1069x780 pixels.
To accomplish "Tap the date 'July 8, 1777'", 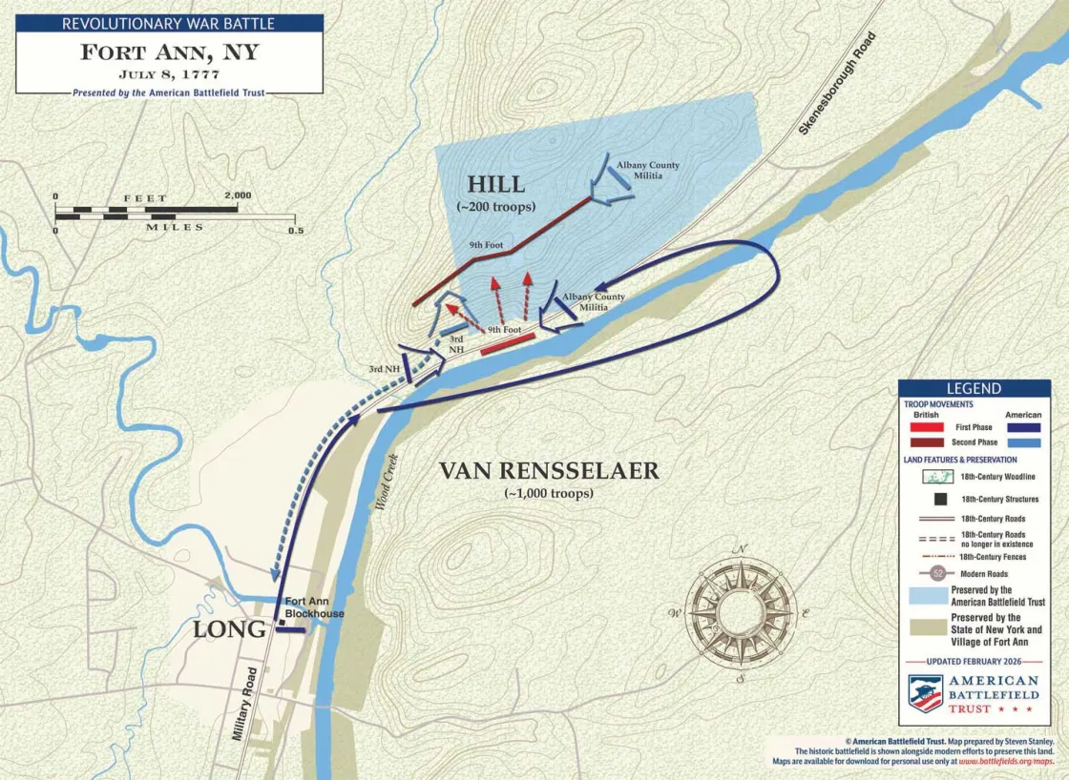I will (x=169, y=73).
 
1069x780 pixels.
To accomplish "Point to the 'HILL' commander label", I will (x=495, y=184).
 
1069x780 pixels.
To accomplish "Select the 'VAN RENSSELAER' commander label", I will (x=548, y=470).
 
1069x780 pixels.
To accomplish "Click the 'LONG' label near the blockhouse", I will (x=229, y=629).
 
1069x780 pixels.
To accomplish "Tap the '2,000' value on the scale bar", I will (x=238, y=195).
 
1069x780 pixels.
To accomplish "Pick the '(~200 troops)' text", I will (x=495, y=207).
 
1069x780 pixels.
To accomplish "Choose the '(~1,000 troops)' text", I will (x=548, y=493).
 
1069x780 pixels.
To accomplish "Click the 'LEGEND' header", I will (x=974, y=388).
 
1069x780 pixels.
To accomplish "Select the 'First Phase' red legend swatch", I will (x=924, y=427).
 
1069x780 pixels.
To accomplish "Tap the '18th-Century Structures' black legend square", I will (x=924, y=499).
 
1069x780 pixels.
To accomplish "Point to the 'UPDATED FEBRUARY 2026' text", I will (x=974, y=662).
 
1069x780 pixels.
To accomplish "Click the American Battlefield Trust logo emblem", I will (x=925, y=693).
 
